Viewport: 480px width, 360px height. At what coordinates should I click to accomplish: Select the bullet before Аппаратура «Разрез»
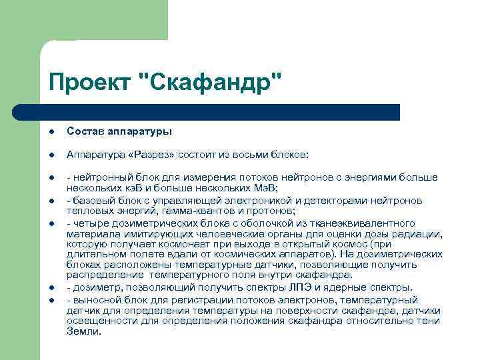click(x=51, y=155)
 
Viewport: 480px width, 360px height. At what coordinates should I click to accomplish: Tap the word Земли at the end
click(x=82, y=330)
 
